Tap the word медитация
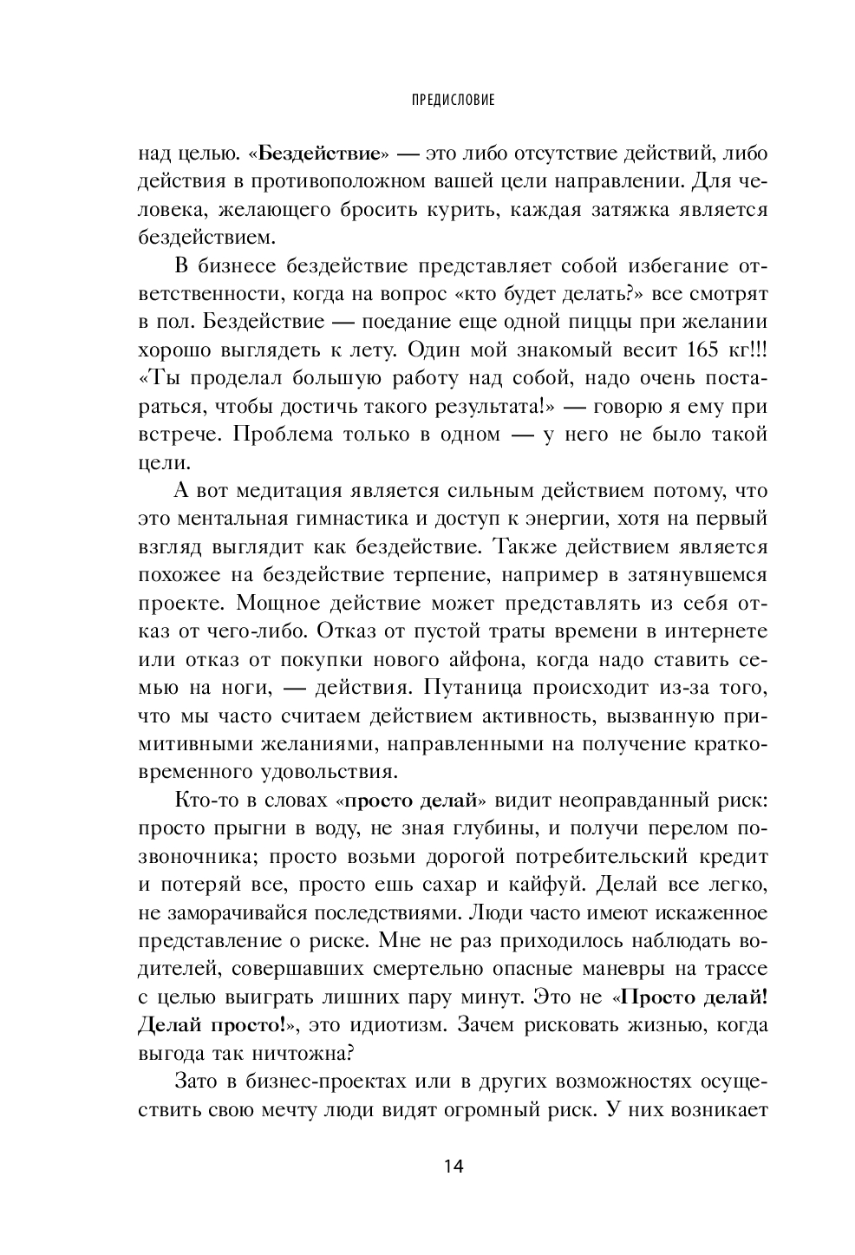[281, 491]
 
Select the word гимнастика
[367, 519]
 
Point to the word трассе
[738, 970]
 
